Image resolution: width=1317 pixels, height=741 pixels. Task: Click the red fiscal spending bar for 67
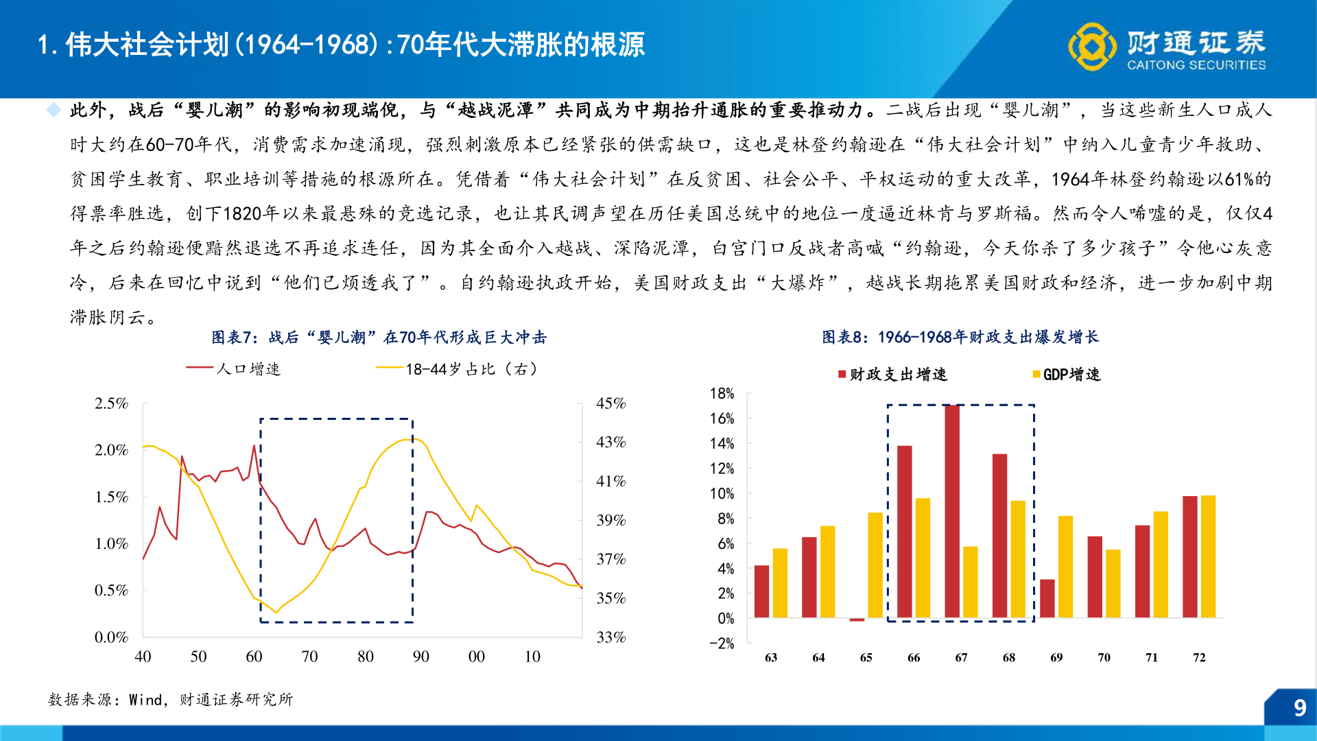(952, 511)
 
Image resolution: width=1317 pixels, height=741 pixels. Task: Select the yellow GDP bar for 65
(875, 565)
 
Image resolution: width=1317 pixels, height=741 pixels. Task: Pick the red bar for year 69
(1047, 598)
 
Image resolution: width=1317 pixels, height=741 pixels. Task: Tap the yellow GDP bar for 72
(1208, 556)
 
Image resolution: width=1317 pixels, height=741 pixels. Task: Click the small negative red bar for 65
(857, 620)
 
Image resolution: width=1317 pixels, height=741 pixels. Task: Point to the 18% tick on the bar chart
(722, 394)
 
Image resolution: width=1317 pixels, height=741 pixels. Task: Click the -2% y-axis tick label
(722, 644)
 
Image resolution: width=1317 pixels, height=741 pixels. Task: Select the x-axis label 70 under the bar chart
(1104, 657)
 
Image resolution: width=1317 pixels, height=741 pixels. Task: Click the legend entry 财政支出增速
(892, 375)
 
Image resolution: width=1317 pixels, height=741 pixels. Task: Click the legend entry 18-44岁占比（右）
(458, 369)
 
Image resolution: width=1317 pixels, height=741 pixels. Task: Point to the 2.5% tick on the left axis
(111, 403)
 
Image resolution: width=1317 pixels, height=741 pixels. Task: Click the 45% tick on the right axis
(610, 403)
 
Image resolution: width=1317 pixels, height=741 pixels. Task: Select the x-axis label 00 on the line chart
(476, 657)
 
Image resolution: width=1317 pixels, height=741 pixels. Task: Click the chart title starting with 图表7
(379, 338)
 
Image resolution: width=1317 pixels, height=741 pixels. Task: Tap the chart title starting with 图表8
(960, 337)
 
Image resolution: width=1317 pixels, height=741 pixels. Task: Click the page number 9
(1299, 708)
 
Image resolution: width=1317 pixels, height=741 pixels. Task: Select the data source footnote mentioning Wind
(170, 700)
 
